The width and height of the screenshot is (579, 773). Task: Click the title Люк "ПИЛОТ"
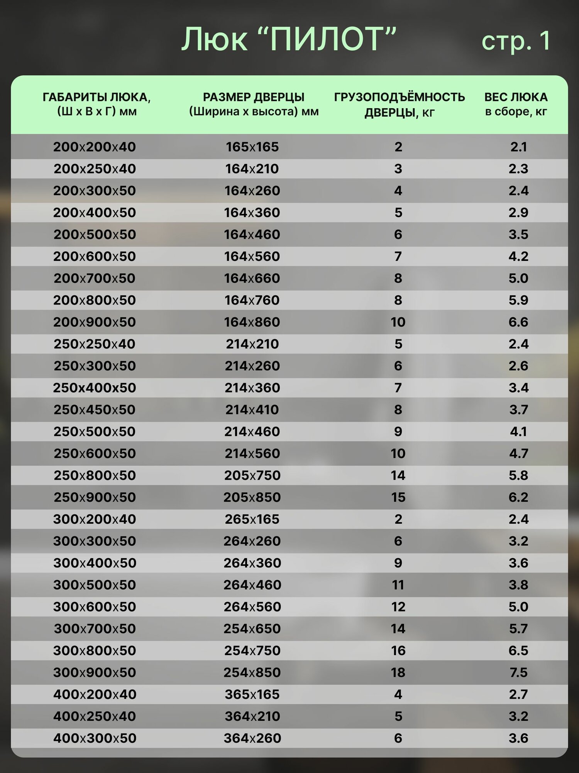click(x=289, y=39)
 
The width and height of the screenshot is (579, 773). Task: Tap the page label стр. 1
click(x=516, y=41)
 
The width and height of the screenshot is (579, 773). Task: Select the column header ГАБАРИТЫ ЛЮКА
click(x=96, y=104)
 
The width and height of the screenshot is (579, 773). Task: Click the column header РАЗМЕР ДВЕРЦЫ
click(x=254, y=104)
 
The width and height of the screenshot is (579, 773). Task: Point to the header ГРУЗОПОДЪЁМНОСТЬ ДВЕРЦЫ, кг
click(x=399, y=104)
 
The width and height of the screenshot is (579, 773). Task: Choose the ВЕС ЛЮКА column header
click(x=516, y=104)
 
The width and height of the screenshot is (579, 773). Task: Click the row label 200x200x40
click(x=95, y=147)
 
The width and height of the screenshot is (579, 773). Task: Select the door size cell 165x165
click(x=252, y=147)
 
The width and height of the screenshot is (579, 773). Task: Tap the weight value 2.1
click(x=518, y=147)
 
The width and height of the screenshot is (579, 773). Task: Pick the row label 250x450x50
click(x=95, y=410)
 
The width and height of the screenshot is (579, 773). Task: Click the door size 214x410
click(x=252, y=410)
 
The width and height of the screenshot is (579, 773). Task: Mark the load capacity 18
click(x=398, y=673)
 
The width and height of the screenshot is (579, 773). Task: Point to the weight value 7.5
click(x=518, y=673)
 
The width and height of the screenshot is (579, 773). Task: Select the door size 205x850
click(x=252, y=497)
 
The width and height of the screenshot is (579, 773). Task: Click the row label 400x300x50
click(x=95, y=738)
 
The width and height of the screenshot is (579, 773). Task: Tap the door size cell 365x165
click(x=252, y=695)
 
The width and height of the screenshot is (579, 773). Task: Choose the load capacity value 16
click(x=398, y=650)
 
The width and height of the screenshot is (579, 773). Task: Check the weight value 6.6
click(x=518, y=322)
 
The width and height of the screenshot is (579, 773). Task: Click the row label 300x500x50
click(x=95, y=585)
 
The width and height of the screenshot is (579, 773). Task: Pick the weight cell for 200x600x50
click(x=518, y=256)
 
